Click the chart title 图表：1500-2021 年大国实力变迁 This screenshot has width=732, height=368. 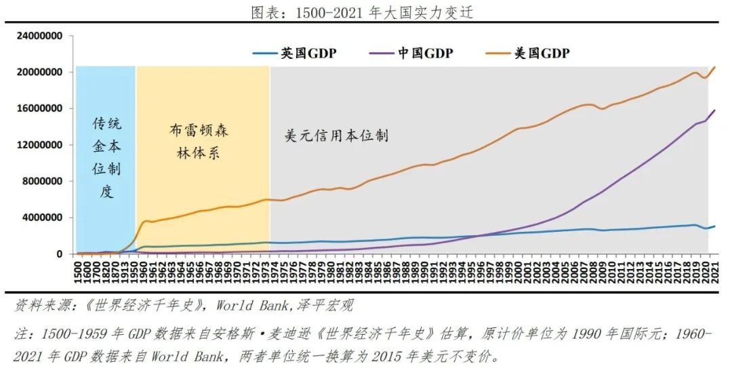[365, 12]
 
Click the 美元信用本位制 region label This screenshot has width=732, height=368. [336, 136]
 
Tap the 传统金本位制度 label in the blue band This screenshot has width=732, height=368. [106, 157]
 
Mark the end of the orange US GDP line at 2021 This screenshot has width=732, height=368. [714, 67]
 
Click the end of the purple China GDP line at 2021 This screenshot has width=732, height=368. [714, 110]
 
